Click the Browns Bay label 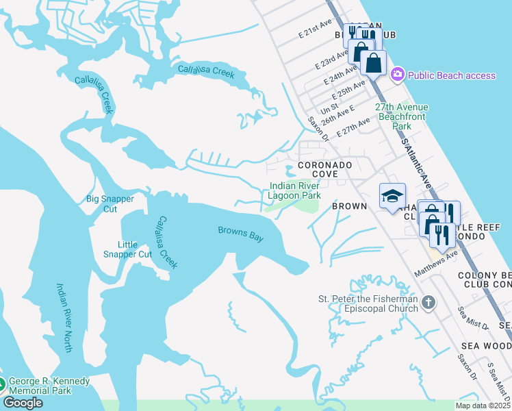click(240, 234)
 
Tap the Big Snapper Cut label click(111, 204)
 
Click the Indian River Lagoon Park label click(295, 190)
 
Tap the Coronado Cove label click(324, 170)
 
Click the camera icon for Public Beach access click(397, 75)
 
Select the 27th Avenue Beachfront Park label click(402, 116)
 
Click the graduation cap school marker click(392, 196)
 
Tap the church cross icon click(428, 303)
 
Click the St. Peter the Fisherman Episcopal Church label click(368, 303)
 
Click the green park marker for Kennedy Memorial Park click(2, 385)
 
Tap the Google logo click(23, 403)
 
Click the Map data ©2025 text click(483, 406)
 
